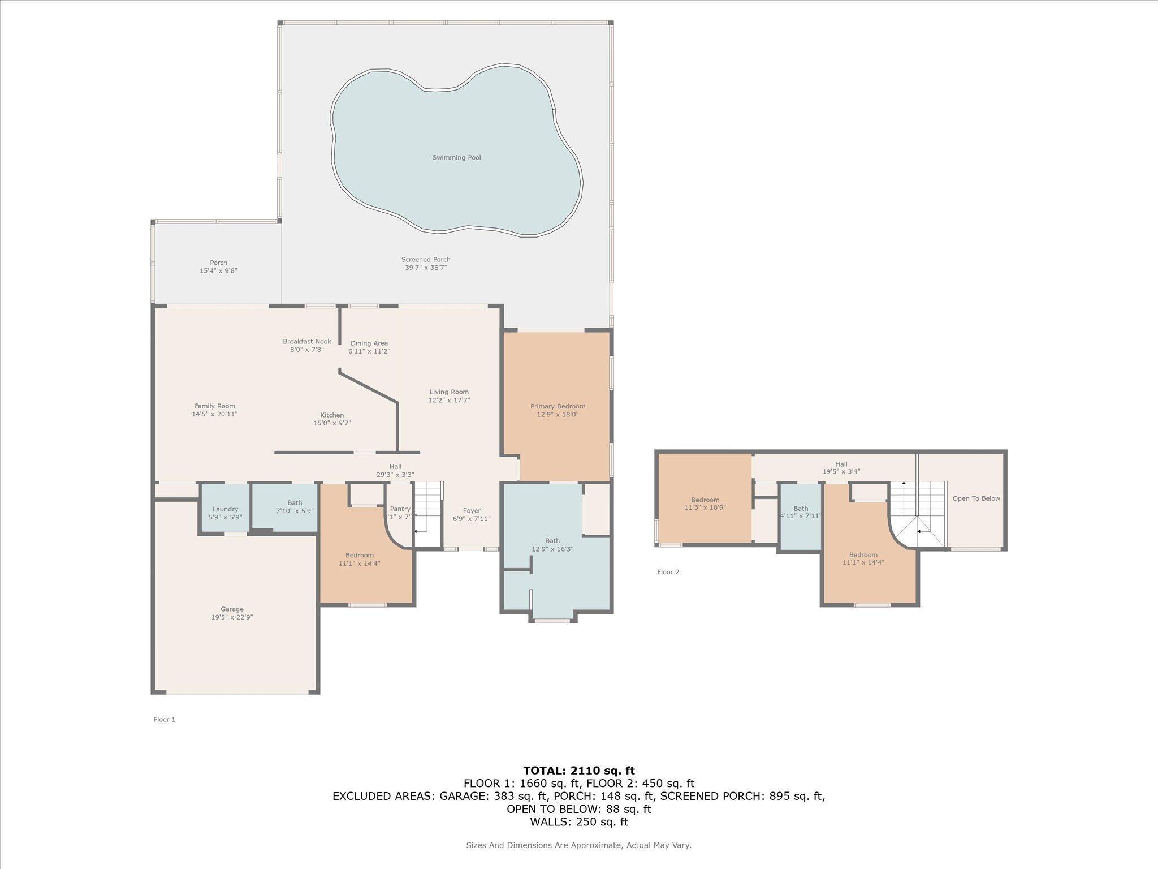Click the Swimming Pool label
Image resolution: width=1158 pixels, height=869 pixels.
tap(456, 157)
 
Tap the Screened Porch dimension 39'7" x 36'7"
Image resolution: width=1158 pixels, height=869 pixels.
tap(426, 268)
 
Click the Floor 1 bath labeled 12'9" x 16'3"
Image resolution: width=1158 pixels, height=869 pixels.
tap(552, 545)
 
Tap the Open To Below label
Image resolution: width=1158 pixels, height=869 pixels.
tap(976, 498)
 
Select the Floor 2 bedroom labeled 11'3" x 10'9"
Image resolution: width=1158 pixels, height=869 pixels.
tap(705, 504)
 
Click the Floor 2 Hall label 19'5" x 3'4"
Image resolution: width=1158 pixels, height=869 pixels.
tap(841, 468)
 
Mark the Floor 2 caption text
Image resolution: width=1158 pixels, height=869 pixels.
tap(668, 572)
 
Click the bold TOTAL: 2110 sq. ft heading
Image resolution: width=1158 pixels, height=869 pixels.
tap(578, 771)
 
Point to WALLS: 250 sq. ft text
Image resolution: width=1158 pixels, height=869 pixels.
tap(578, 822)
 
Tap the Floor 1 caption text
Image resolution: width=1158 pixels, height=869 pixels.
tap(164, 720)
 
